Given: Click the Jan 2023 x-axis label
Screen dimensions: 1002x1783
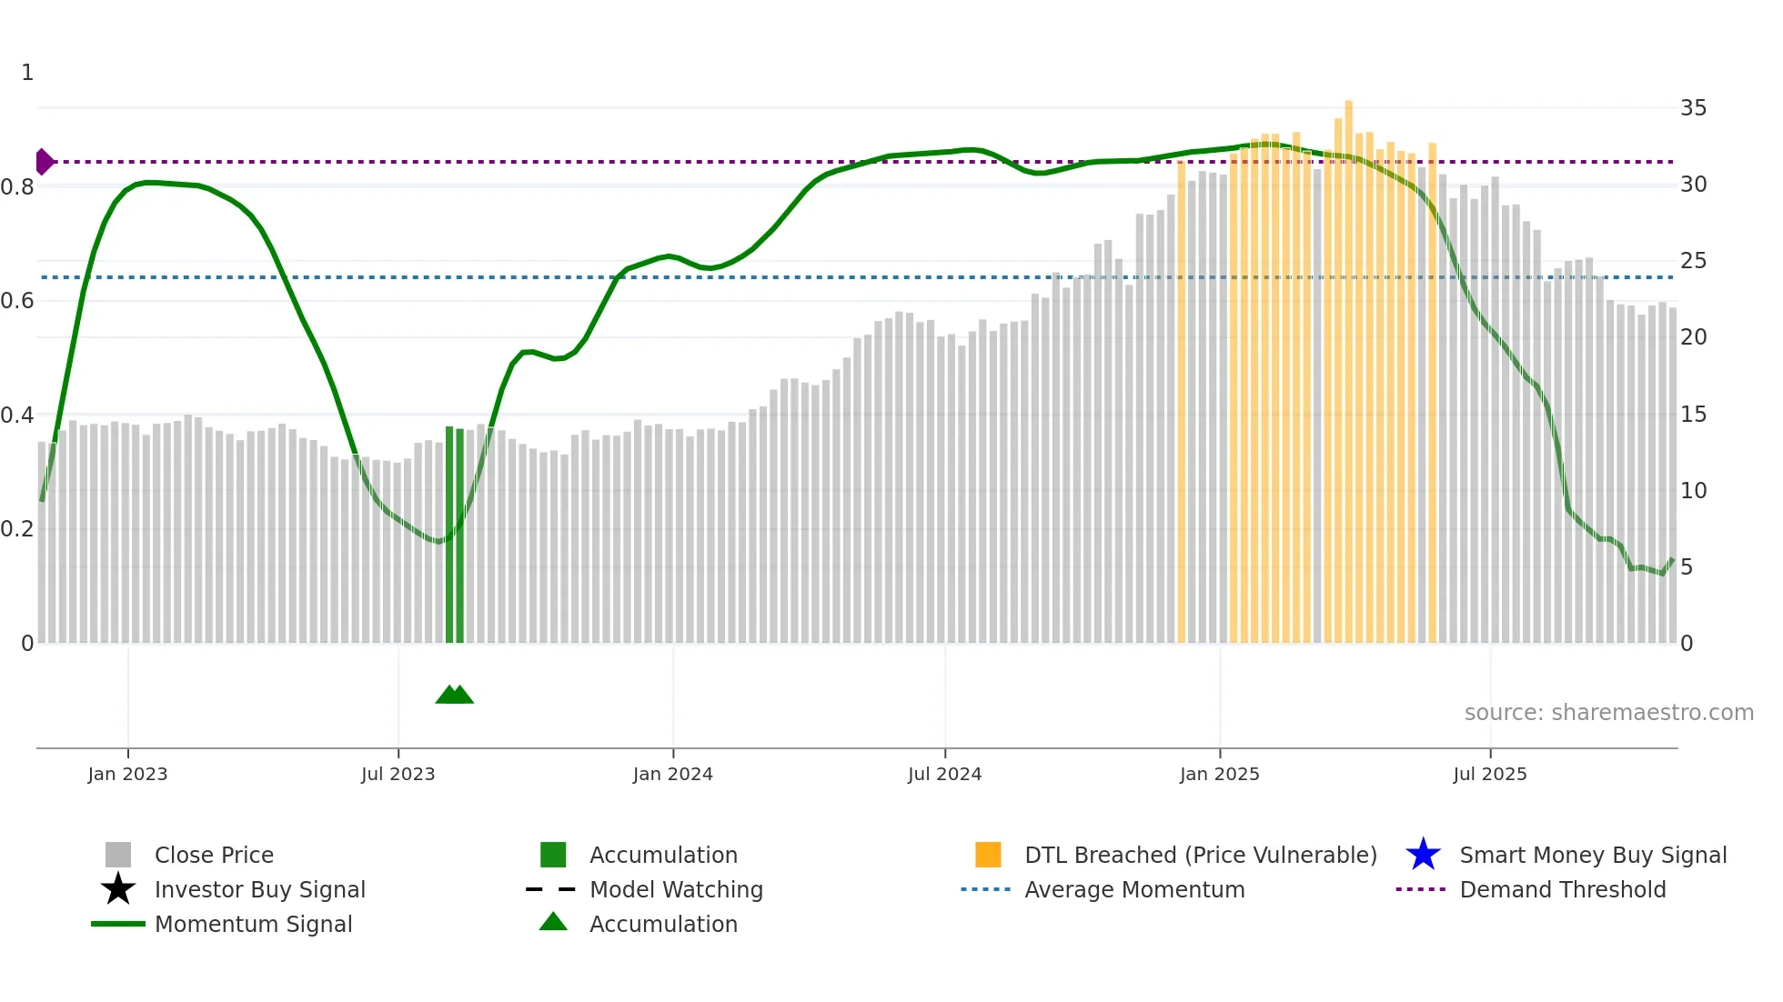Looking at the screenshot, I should [127, 774].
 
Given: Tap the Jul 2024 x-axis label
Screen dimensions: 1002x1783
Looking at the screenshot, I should [944, 774].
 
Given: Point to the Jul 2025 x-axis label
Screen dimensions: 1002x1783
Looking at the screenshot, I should [1489, 774].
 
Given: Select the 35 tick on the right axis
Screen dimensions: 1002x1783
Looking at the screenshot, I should [1693, 108].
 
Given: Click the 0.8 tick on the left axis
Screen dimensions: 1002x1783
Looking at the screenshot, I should [18, 187].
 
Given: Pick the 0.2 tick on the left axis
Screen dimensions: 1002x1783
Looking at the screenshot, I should [18, 529].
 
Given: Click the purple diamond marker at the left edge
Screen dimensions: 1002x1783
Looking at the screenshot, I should [44, 162].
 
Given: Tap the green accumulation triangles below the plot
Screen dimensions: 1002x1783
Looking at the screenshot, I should [454, 695].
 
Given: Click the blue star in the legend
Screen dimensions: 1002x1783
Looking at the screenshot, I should [1423, 855].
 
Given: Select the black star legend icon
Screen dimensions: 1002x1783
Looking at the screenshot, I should [118, 889].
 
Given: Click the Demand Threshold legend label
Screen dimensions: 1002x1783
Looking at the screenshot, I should [1562, 889].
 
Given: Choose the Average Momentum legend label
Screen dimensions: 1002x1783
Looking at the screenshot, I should [1134, 889].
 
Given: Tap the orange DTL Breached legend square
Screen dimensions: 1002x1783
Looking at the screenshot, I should [988, 855].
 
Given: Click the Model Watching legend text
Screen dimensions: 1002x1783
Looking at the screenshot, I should [676, 889].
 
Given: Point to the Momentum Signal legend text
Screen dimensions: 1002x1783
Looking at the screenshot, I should [253, 924].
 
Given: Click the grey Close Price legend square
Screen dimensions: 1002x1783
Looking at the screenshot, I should [118, 855].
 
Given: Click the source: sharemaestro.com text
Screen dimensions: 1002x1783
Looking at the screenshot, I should [1608, 713].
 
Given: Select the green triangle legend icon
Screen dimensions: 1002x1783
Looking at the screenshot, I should [553, 922].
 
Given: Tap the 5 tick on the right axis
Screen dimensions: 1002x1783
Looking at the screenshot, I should [1687, 567].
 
